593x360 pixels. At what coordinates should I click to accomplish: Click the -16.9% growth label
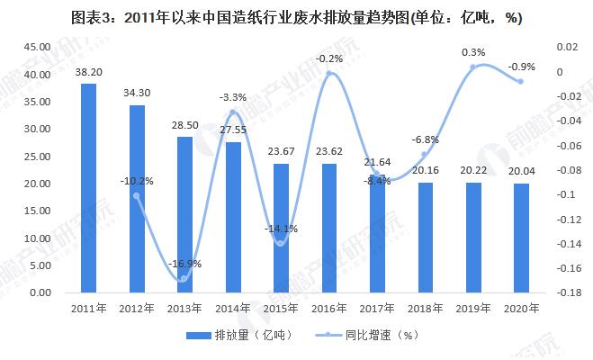pos(185,265)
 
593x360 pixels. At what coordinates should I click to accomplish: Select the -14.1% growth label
pos(280,229)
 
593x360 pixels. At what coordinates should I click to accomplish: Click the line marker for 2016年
pos(330,74)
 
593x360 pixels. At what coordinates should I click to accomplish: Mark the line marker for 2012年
pos(137,196)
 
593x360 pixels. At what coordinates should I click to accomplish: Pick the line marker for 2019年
pos(475,67)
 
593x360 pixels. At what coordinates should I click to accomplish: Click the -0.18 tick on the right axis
pos(566,292)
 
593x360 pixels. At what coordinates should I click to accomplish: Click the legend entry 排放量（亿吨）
pos(236,336)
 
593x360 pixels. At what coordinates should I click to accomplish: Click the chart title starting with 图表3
pos(296,16)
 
